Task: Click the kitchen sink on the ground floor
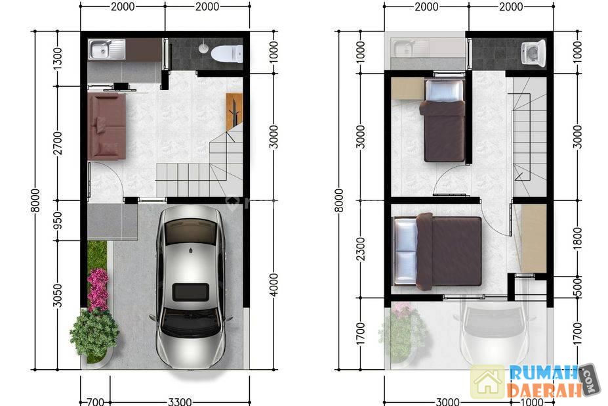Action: coord(107,49)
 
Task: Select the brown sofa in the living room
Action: coord(107,126)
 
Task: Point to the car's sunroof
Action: coord(190,292)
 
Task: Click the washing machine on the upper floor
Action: coord(533,53)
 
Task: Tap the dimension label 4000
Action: coord(274,284)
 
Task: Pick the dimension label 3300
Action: coord(180,401)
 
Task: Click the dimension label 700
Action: coord(95,401)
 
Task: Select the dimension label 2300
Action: coord(360,249)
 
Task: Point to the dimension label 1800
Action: coord(577,239)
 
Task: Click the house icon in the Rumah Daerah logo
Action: coord(488,381)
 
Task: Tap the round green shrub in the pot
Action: coord(94,332)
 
